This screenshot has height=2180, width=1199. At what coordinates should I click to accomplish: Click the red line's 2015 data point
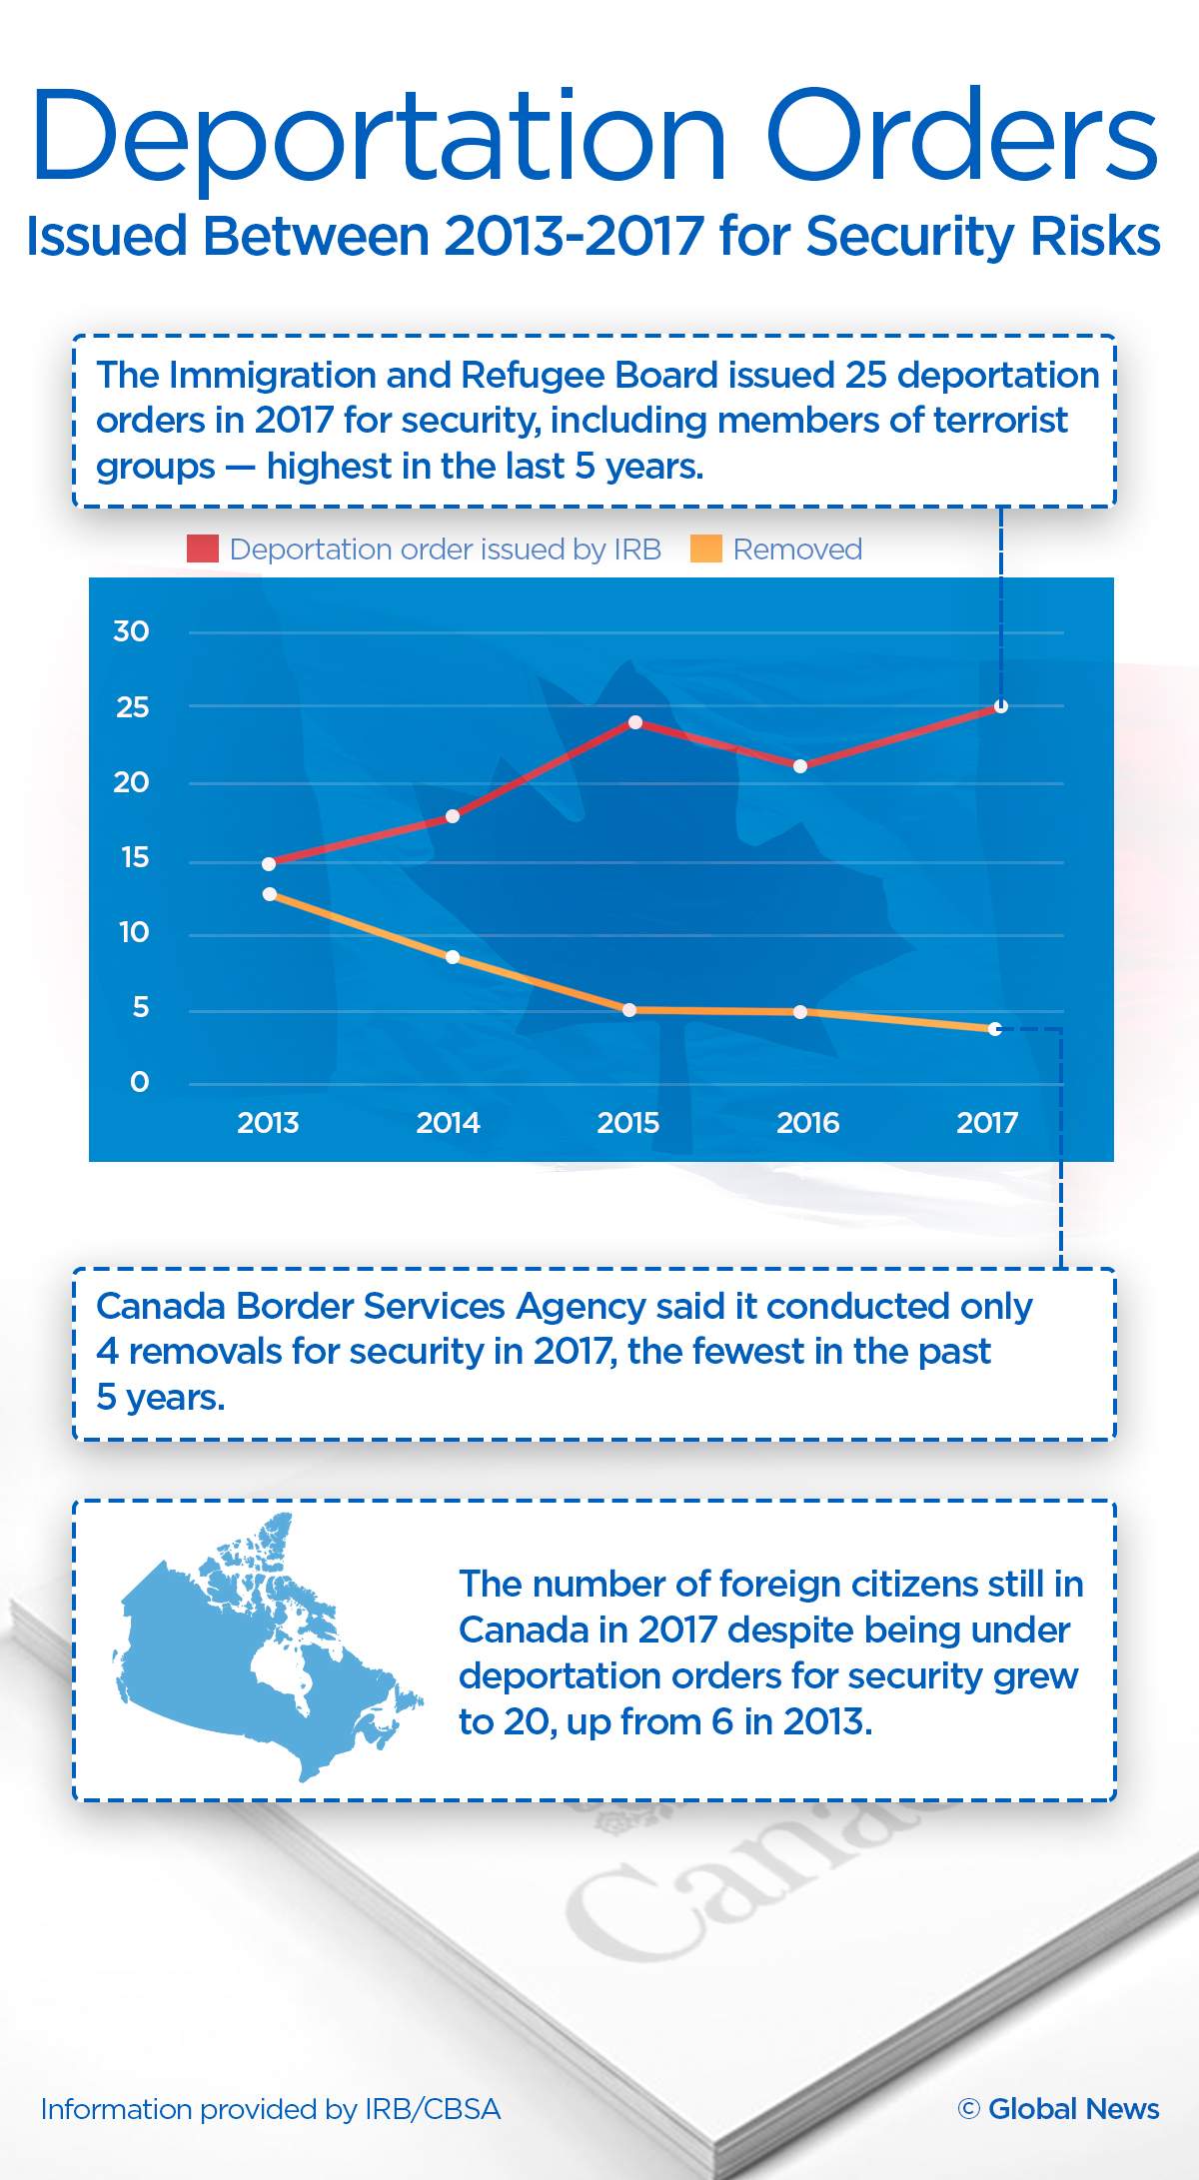(x=635, y=721)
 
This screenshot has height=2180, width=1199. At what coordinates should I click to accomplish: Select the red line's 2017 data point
(x=1001, y=706)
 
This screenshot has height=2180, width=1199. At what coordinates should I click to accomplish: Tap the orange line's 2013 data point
(x=270, y=894)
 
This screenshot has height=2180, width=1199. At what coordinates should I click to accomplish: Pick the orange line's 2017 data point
(x=995, y=1029)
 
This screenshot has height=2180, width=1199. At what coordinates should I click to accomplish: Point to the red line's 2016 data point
(x=800, y=766)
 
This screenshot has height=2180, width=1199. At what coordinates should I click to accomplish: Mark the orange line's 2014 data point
(x=453, y=957)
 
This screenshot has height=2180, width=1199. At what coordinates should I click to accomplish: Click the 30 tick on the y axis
(x=131, y=631)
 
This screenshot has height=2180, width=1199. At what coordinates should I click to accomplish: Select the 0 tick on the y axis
(x=140, y=1082)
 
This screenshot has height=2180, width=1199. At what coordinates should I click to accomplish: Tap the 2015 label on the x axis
(x=628, y=1123)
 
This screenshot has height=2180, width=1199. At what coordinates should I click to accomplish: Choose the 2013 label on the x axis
(x=268, y=1123)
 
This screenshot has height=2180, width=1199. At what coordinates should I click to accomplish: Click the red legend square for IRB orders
(x=203, y=548)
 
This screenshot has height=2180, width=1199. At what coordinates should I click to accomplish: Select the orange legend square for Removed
(x=706, y=548)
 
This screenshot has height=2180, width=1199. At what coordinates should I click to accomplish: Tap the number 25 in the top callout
(x=865, y=375)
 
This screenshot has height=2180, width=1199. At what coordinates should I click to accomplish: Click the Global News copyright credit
(x=1058, y=2108)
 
